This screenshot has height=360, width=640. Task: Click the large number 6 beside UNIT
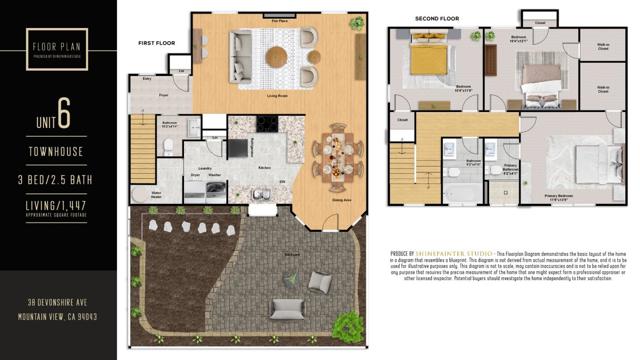tap(63, 115)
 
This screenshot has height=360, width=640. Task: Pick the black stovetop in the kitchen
tap(267, 125)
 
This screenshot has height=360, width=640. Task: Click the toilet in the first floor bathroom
tap(169, 147)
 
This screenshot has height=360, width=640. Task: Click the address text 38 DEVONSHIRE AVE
tap(57, 302)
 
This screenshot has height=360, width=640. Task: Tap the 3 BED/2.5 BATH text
tap(57, 179)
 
